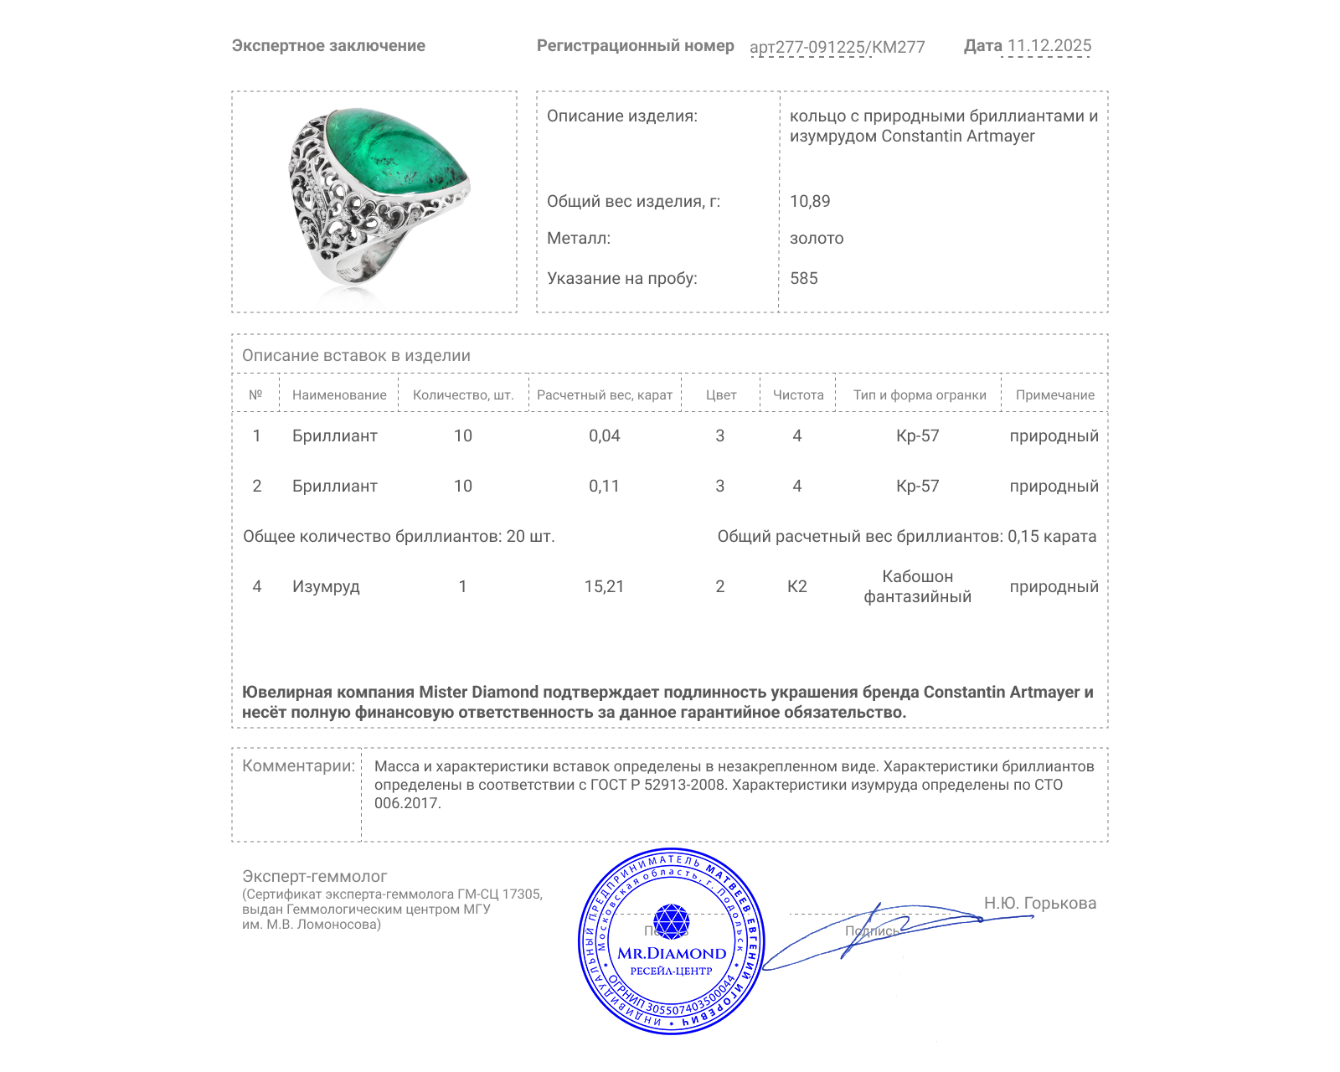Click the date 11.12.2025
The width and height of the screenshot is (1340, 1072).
(1049, 46)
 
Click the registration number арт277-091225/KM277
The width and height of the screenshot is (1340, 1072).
(837, 47)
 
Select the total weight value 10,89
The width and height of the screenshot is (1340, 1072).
(810, 201)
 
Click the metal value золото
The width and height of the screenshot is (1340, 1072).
(817, 238)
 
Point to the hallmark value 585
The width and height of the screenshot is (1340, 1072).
(803, 278)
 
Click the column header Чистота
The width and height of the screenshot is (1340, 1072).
(797, 394)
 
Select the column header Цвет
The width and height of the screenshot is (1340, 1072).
(720, 394)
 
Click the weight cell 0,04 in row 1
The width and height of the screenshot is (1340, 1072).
(604, 435)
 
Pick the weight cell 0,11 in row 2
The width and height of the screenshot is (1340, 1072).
(604, 486)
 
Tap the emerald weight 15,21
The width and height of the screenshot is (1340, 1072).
(604, 586)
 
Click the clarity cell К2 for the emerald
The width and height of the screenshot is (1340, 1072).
(796, 586)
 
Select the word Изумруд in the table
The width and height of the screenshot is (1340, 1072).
(326, 586)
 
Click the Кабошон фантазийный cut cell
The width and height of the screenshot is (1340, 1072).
(917, 586)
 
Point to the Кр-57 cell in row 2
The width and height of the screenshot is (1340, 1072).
(917, 486)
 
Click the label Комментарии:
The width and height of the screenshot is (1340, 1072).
(298, 765)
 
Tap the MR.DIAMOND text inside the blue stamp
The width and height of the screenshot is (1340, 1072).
(672, 953)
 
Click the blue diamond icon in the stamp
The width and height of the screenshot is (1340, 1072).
(671, 921)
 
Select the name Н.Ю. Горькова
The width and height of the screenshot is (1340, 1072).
(1039, 903)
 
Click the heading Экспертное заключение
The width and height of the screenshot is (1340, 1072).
(328, 46)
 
